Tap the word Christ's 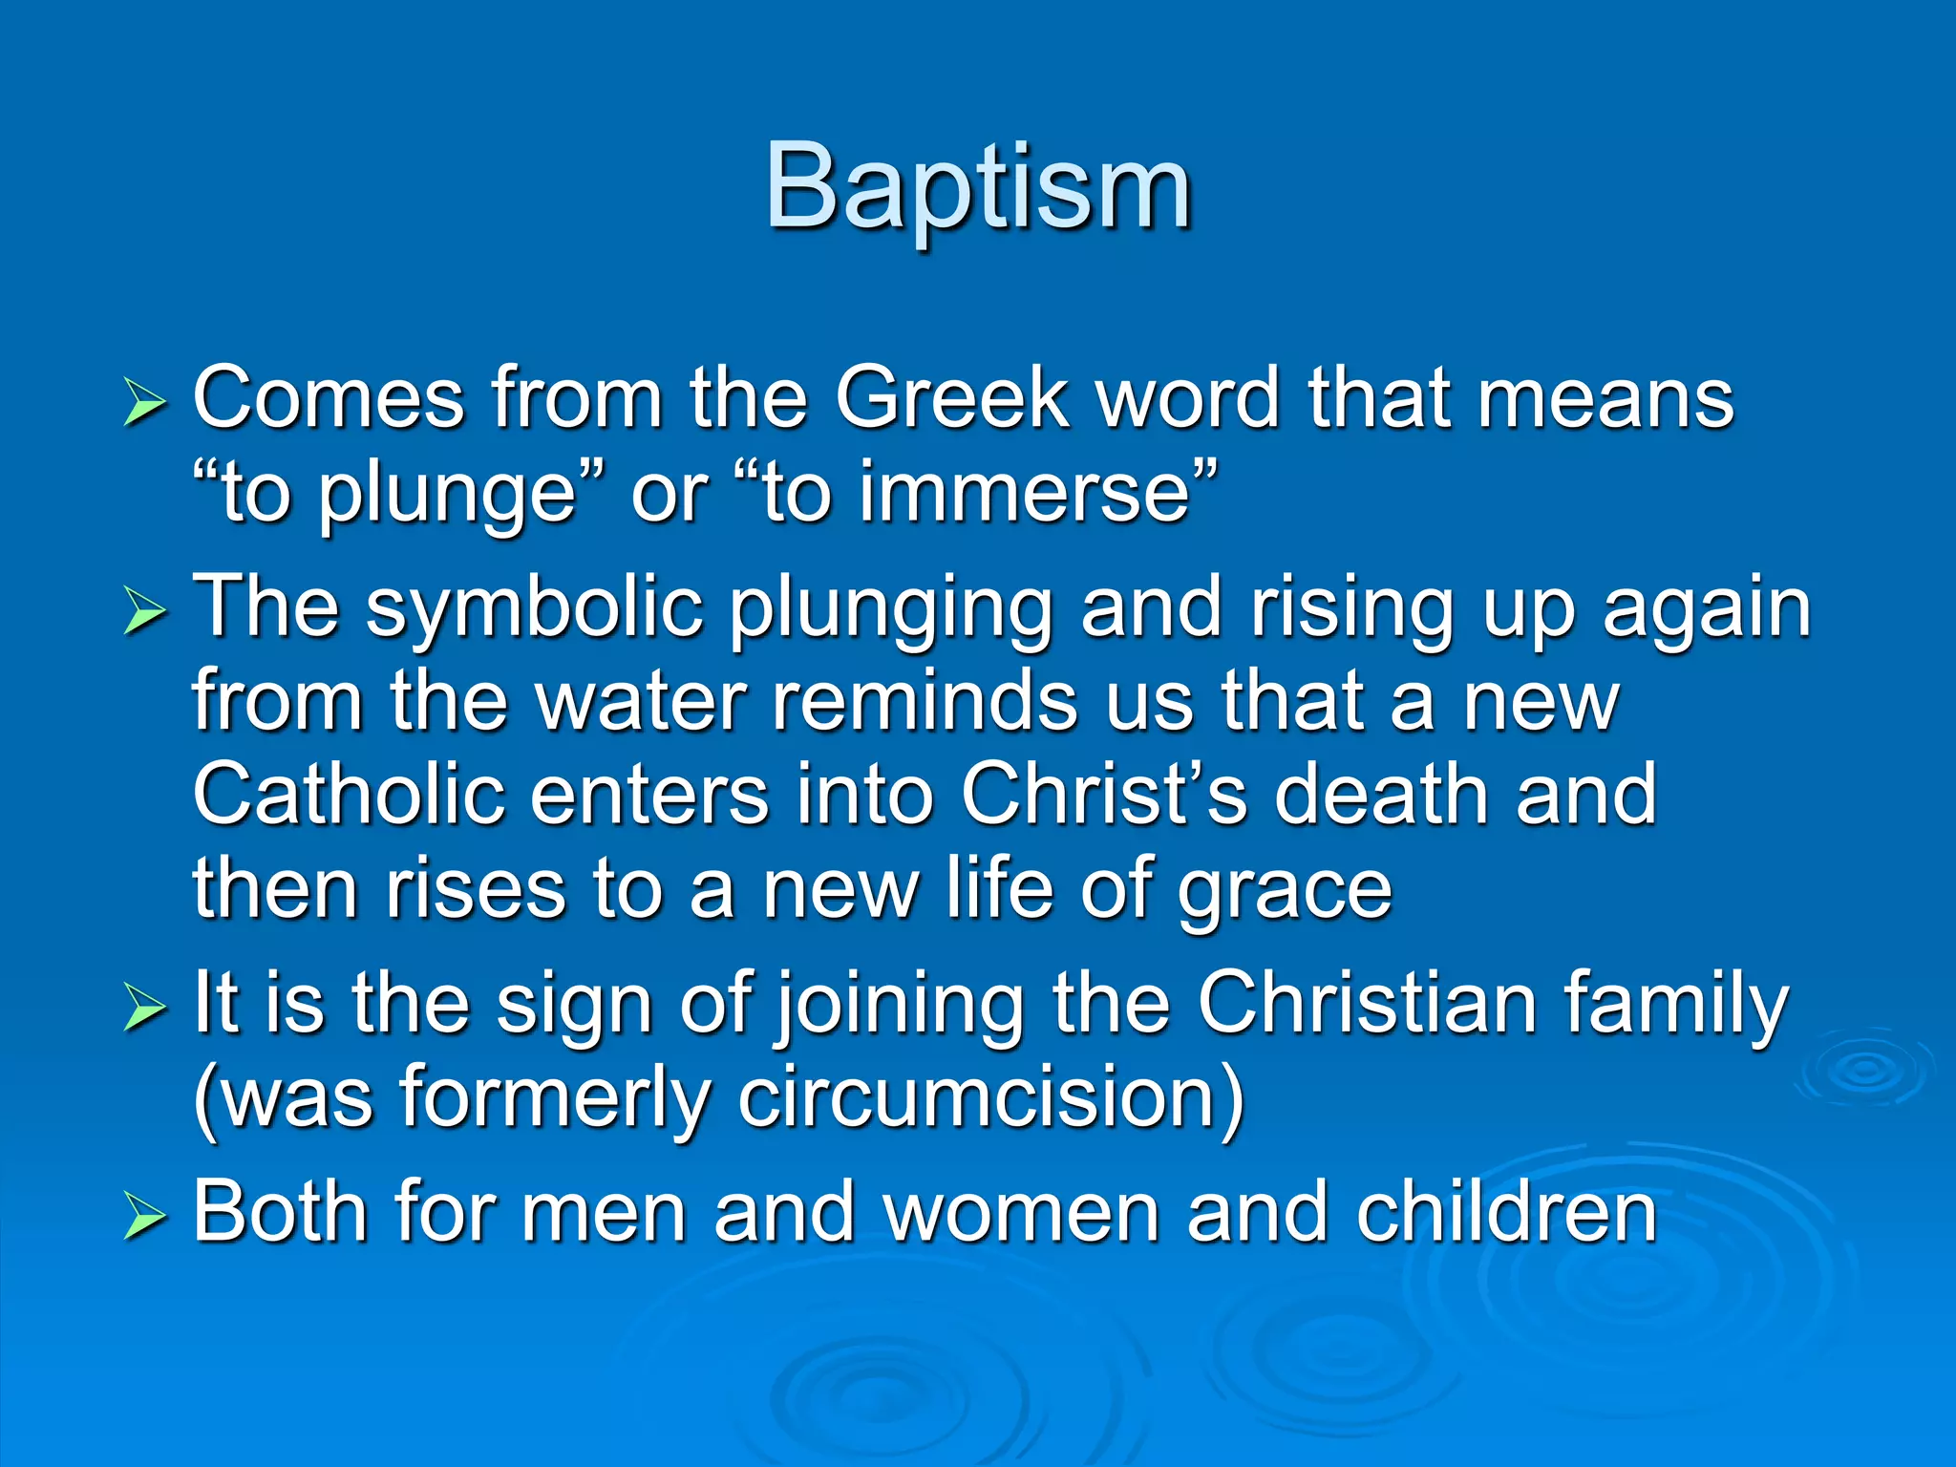click(x=1104, y=795)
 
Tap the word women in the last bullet click(x=1021, y=1212)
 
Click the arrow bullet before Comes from click(x=145, y=405)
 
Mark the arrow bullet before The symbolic click(x=145, y=613)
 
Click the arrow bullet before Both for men click(x=145, y=1219)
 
